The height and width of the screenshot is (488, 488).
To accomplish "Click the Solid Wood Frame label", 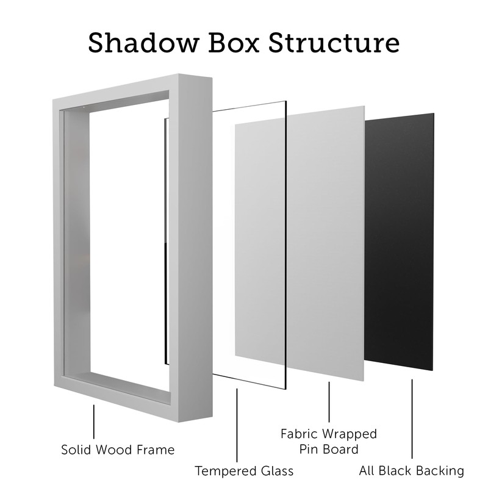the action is tap(118, 450).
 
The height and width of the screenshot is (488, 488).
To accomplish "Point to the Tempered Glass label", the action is tap(244, 471).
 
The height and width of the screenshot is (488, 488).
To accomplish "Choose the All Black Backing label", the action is tap(412, 471).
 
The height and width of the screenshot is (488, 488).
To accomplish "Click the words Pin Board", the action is tap(329, 450).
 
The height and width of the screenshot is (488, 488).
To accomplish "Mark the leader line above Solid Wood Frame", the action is tap(94, 421).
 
